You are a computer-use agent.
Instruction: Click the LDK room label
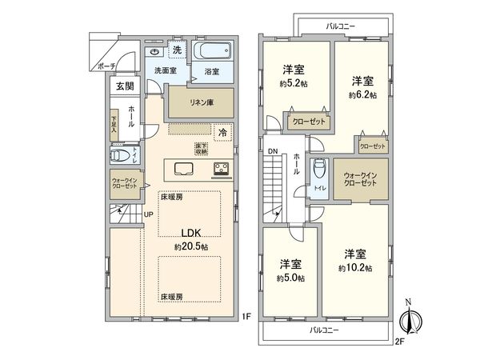coord(190,233)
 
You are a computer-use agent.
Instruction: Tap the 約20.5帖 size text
coord(190,247)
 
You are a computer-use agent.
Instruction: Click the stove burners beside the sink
coord(219,170)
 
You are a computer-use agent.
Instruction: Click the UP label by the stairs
coord(149,214)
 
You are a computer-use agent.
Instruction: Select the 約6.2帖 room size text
coord(362,94)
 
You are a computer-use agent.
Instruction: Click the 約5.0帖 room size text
coord(290,277)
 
